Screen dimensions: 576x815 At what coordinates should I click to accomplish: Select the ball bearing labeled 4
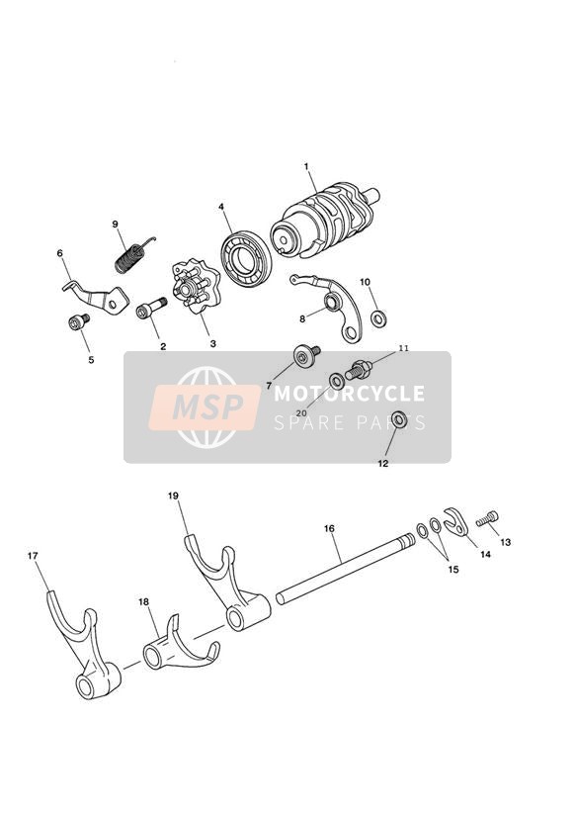coord(246,259)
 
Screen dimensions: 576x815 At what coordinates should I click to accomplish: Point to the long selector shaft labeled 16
coord(346,568)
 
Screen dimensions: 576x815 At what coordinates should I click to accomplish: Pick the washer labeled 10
coord(378,317)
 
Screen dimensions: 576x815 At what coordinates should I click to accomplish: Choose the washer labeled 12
coord(399,419)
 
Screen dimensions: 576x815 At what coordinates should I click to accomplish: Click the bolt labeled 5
coord(78,321)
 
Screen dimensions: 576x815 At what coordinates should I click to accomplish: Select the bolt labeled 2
coord(150,308)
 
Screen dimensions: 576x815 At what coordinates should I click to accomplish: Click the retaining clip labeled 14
coord(456,522)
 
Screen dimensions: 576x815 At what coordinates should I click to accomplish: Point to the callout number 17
coord(33,556)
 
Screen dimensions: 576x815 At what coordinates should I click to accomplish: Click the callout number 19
coord(174,496)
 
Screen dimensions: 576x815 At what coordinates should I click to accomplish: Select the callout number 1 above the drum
coord(306,166)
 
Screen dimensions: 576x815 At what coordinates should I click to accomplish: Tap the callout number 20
coord(301,412)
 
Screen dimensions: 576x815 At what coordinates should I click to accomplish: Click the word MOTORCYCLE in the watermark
coord(349,394)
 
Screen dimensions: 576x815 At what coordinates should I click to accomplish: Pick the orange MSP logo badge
coord(205,406)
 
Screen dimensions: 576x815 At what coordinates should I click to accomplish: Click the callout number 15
coord(453,569)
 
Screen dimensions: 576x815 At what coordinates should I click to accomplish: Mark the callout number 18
coord(144,602)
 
